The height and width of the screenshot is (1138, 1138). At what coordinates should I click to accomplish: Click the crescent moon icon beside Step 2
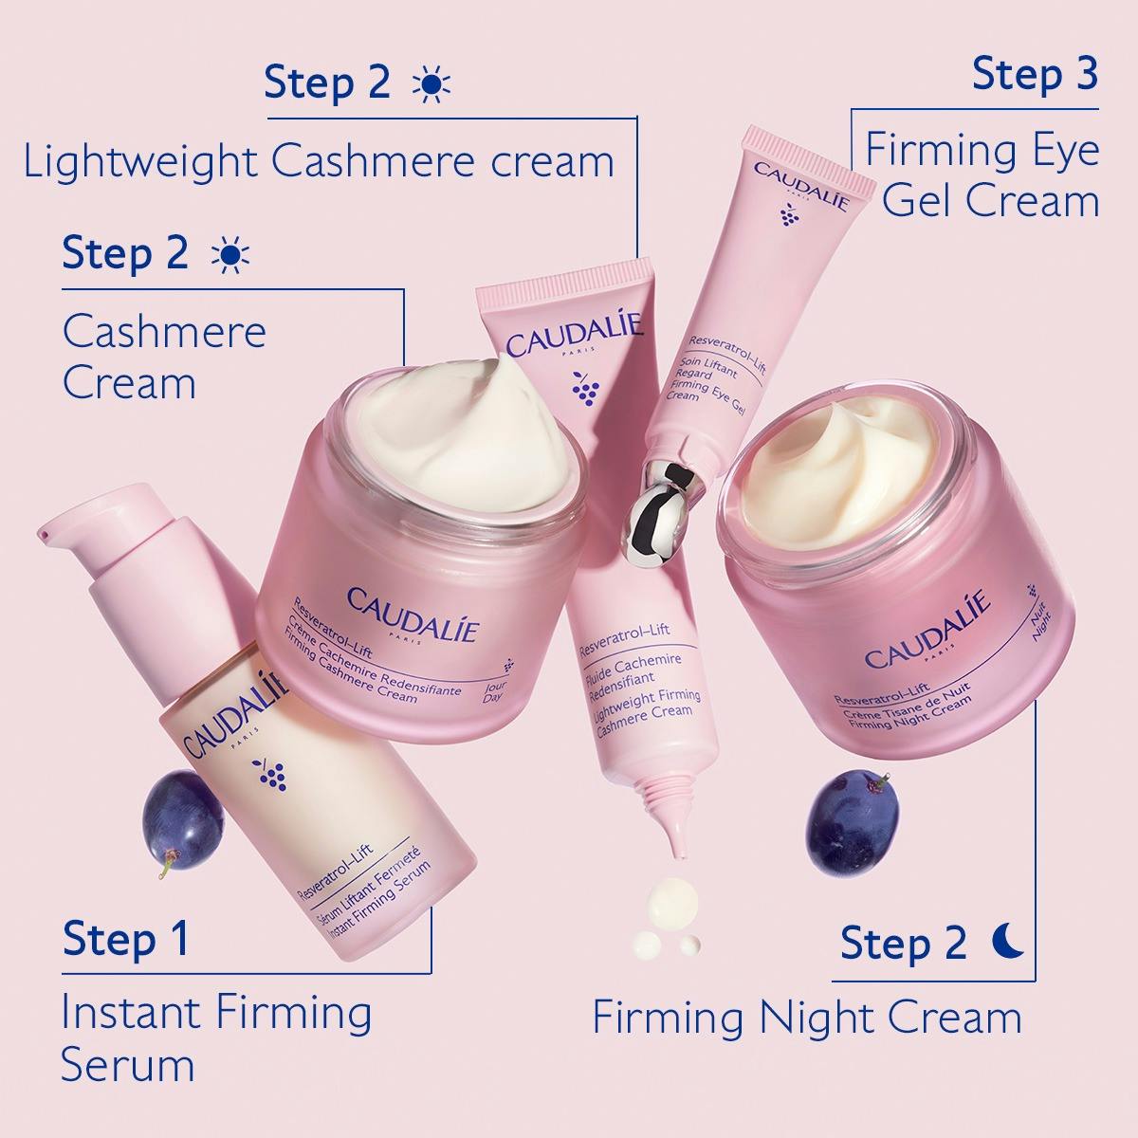(1009, 942)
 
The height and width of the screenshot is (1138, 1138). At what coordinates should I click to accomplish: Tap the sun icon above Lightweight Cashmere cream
(431, 84)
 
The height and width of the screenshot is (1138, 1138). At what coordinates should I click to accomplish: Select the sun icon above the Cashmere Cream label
(230, 256)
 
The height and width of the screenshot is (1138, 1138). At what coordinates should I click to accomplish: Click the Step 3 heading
(1035, 75)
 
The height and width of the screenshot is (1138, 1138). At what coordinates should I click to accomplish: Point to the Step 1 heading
(126, 939)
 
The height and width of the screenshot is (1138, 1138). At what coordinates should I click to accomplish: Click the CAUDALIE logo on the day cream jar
(413, 610)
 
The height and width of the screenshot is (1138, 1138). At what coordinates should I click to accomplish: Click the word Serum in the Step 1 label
(127, 1065)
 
